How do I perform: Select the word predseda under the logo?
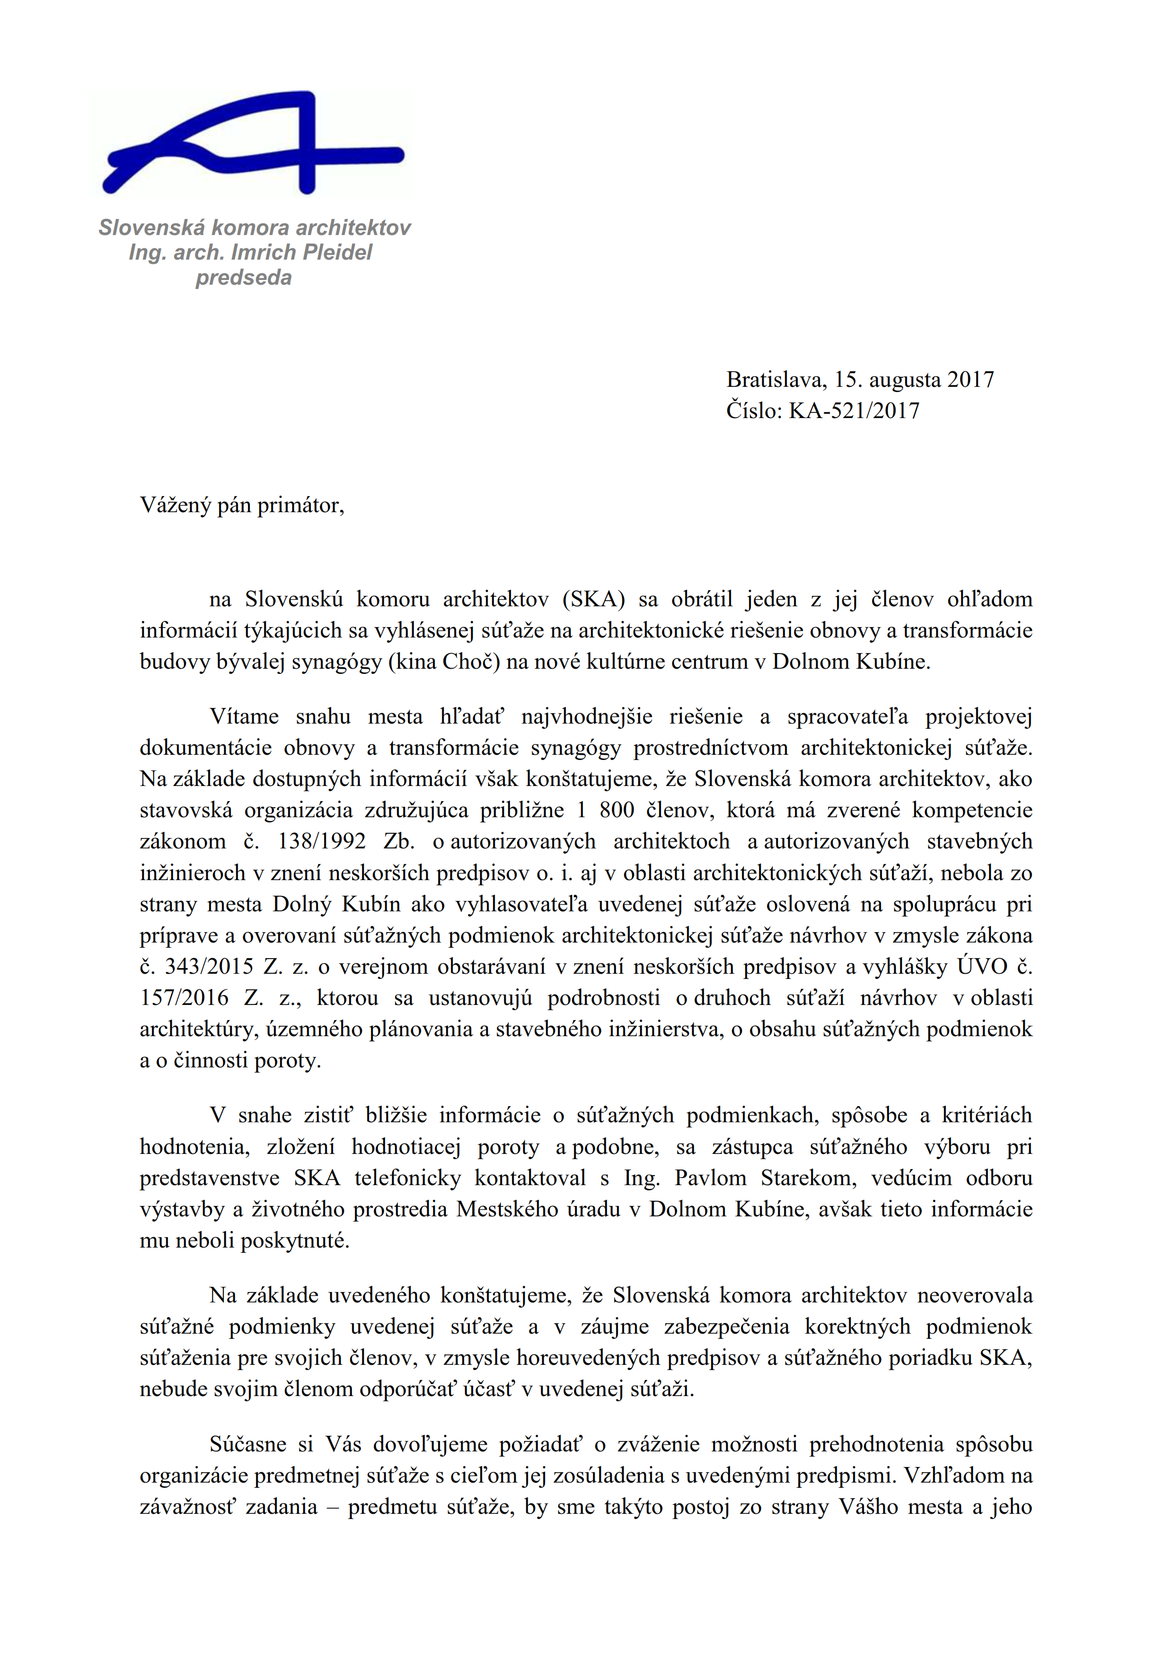(x=244, y=278)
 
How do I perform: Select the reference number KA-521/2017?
(x=854, y=410)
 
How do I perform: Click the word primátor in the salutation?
(x=300, y=505)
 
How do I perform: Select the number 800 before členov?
(x=617, y=810)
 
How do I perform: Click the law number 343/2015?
(x=209, y=966)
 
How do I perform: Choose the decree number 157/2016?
(x=184, y=998)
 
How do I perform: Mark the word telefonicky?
(x=407, y=1178)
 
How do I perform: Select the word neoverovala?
(x=975, y=1295)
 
